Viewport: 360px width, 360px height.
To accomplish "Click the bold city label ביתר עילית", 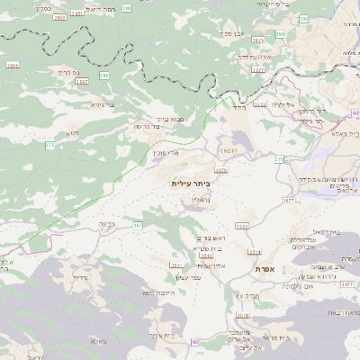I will [x=188, y=183].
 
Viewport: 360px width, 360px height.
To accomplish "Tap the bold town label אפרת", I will [x=264, y=268].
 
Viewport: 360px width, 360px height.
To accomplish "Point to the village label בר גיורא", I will [x=101, y=105].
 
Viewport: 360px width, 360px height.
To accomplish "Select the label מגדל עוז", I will [x=246, y=295].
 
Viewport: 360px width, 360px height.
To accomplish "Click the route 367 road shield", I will [x=138, y=224].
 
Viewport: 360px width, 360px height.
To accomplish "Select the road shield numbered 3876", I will [x=221, y=169].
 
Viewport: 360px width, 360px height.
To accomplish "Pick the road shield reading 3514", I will [x=255, y=252].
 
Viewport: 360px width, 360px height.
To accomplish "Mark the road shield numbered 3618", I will [x=242, y=315].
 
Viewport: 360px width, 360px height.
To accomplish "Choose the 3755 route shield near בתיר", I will [x=259, y=103].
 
